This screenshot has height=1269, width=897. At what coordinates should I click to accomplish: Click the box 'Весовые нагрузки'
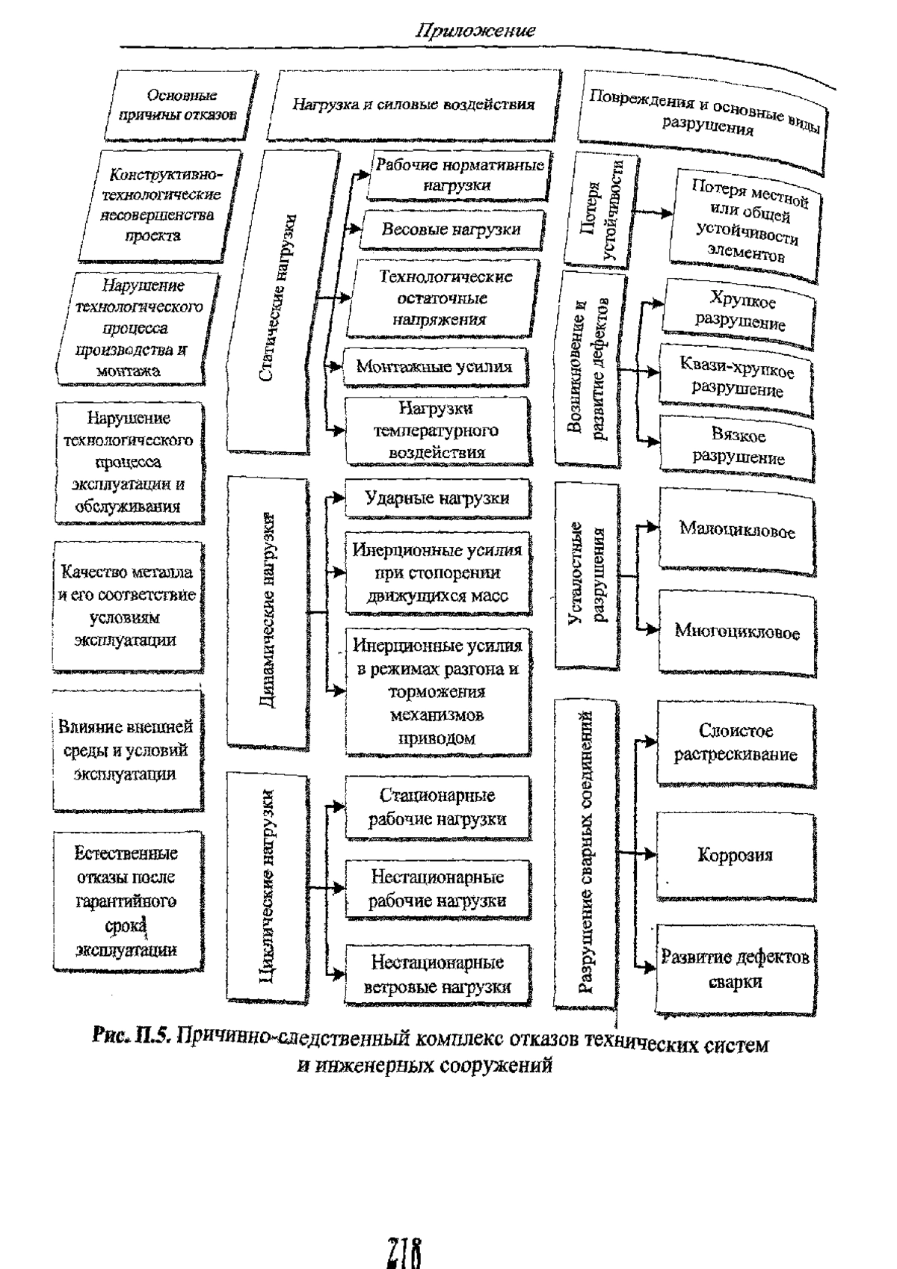451,229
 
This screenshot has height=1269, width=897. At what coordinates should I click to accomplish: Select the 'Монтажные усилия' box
435,367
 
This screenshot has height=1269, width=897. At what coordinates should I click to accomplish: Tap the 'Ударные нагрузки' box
437,498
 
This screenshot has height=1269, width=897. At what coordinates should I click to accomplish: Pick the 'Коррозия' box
736,856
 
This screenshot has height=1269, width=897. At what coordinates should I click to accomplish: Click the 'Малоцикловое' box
737,531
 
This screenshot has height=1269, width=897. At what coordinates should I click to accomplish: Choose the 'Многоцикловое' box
737,632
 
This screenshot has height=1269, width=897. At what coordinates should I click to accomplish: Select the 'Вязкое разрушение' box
738,448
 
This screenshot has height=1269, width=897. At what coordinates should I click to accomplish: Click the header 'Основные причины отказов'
179,105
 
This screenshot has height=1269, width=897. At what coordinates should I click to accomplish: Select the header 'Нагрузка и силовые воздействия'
413,105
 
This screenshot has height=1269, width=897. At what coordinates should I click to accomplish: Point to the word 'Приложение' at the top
475,30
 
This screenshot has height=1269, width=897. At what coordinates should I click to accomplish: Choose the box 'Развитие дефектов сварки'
736,969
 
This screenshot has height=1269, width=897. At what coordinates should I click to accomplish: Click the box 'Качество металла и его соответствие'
128,606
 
